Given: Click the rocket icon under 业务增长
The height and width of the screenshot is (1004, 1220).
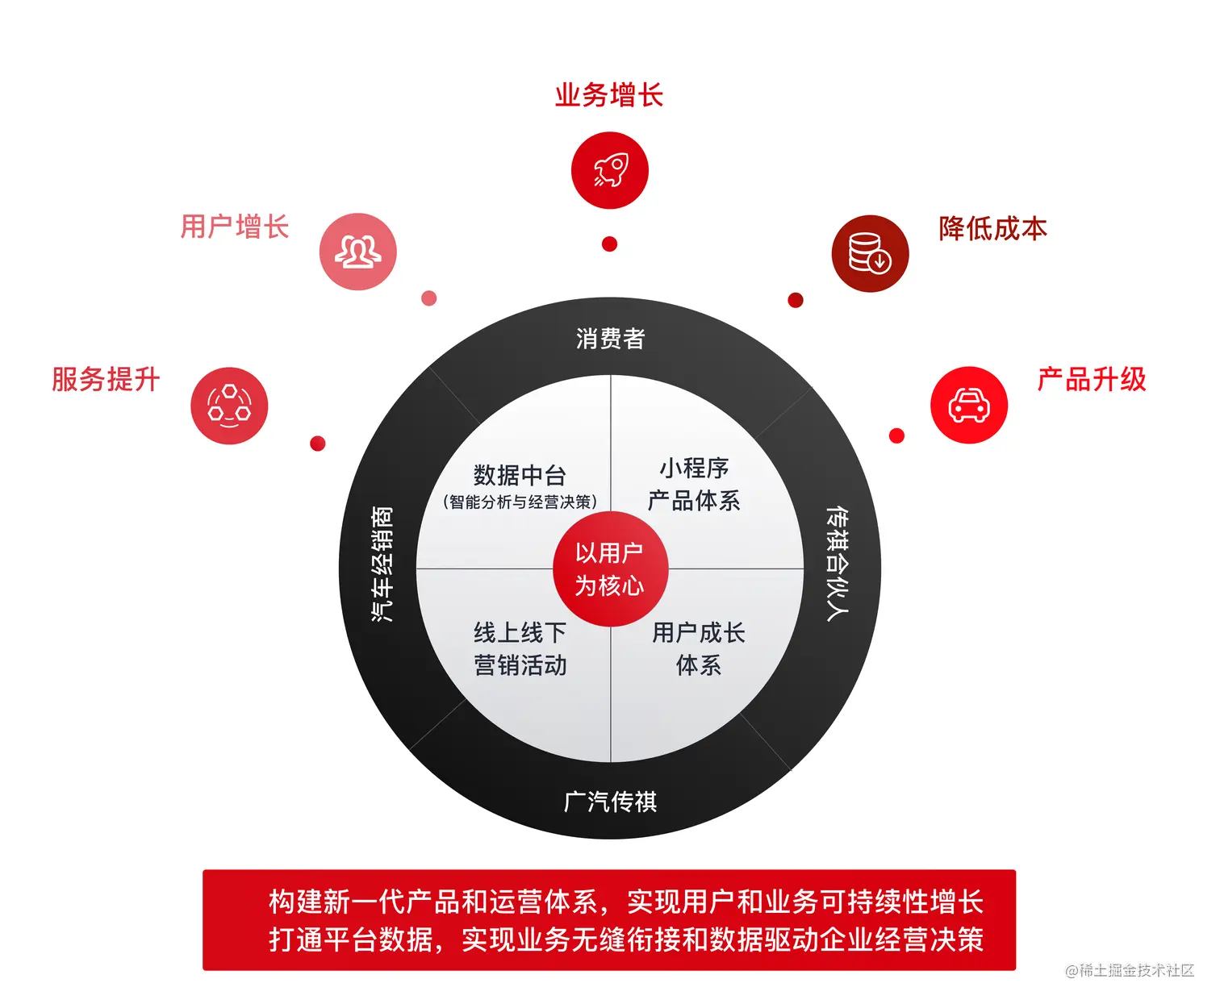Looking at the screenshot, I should [609, 170].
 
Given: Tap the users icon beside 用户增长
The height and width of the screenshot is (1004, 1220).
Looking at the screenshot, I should [357, 252].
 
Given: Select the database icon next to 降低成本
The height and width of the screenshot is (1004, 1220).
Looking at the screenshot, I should [870, 253].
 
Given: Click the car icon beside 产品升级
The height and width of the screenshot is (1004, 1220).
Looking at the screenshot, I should [968, 405].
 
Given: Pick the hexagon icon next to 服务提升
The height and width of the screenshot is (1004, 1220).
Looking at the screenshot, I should [229, 405].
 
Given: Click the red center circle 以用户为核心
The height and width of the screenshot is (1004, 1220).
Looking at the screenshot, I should [610, 569].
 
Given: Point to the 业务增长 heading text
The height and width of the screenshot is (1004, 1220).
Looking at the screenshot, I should [609, 95].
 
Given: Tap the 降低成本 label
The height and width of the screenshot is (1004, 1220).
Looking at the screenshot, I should [992, 228].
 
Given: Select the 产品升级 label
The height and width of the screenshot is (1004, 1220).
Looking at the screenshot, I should [1091, 379].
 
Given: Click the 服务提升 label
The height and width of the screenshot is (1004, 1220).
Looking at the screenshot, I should [106, 379].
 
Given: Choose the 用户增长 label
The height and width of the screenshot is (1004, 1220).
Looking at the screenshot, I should [234, 227].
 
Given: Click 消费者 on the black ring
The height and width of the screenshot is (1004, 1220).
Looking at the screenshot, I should [610, 339].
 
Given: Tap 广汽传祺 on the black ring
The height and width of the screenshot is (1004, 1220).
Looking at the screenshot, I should [610, 802].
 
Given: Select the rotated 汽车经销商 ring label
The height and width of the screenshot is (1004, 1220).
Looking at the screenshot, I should [382, 564].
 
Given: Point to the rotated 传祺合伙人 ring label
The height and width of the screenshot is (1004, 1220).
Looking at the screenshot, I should [838, 564].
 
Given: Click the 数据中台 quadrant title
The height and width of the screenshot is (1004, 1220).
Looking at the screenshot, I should [520, 475].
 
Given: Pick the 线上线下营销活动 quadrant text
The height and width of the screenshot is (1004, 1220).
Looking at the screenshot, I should [520, 649].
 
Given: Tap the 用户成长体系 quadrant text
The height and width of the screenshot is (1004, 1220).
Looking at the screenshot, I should [699, 649].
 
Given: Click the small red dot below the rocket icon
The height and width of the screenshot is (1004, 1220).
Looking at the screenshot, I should [610, 244].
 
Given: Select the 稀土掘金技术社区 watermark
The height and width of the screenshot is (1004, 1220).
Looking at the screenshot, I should [1130, 970].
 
